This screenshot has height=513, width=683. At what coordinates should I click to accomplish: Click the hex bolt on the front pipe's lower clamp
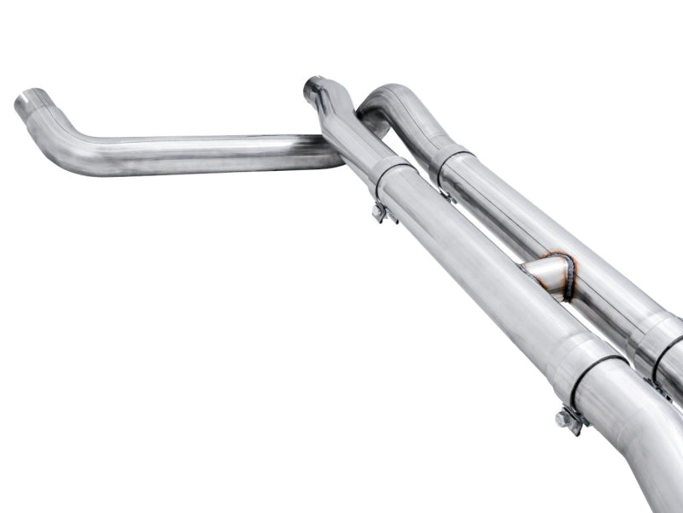[563, 418]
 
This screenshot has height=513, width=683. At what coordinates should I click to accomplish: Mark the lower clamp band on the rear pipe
[662, 342]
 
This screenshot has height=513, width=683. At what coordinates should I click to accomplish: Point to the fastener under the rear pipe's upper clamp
[445, 195]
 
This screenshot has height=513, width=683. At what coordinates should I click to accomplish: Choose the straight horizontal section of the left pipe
[213, 154]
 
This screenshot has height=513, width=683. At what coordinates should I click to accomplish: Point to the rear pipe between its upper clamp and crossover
[512, 214]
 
